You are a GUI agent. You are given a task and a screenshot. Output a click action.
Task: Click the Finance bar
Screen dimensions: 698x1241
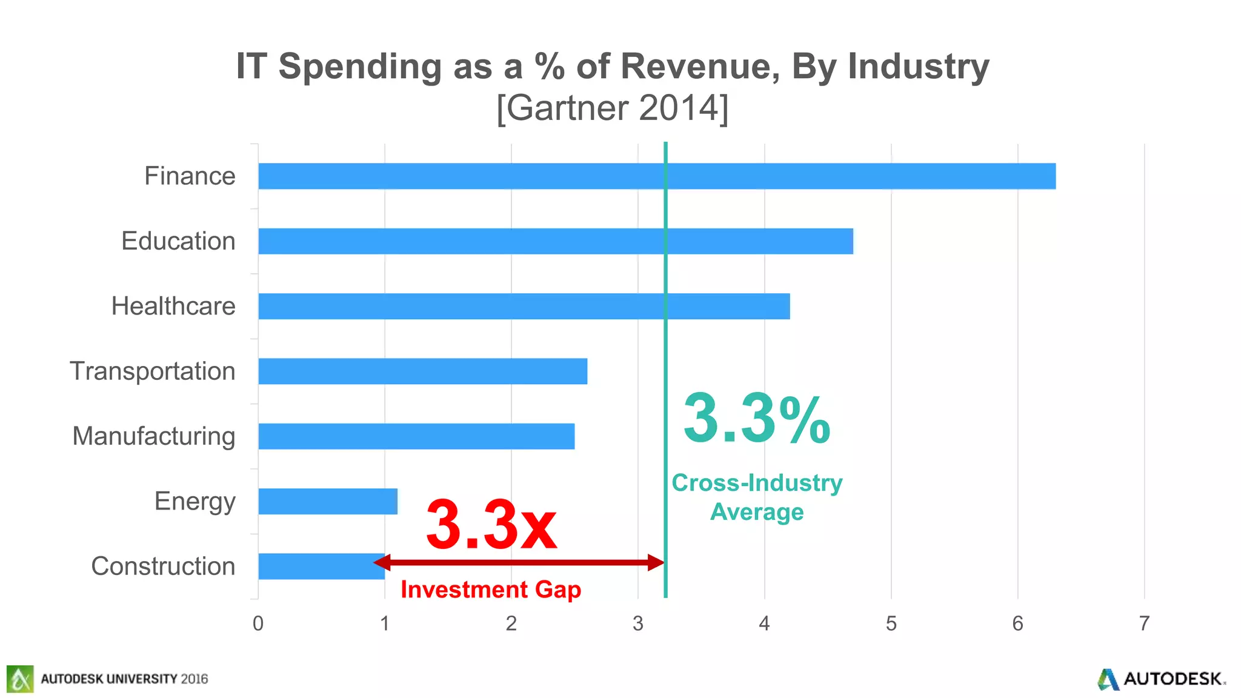657,176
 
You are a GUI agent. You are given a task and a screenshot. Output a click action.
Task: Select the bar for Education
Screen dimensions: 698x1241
555,241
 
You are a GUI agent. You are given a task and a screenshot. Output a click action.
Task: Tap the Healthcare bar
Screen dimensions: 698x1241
524,306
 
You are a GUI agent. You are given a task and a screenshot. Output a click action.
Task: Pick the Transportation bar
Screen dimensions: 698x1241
422,371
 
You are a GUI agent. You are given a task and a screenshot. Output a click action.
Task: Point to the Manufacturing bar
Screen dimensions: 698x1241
416,436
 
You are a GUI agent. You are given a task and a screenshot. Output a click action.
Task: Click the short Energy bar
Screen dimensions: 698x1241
327,501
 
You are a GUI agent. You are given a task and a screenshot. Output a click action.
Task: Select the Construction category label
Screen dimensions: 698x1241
163,566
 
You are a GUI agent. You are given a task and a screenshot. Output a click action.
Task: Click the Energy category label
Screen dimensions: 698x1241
195,502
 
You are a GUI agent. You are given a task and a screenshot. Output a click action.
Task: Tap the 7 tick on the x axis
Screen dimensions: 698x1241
1144,623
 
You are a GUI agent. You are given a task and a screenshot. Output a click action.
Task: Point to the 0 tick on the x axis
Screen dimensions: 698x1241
258,623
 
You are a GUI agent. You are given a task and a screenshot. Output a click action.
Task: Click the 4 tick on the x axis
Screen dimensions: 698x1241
764,623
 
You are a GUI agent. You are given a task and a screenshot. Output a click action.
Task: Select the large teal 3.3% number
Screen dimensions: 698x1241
756,419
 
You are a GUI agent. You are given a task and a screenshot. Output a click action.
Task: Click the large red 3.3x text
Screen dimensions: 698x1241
491,525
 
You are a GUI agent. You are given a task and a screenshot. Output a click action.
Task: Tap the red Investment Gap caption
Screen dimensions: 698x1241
491,590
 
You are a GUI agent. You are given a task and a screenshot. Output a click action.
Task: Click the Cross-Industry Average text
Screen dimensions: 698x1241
757,497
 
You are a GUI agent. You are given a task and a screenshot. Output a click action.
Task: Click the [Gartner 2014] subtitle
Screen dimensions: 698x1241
612,108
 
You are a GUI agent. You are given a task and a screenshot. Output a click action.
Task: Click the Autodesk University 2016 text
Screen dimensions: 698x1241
124,679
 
